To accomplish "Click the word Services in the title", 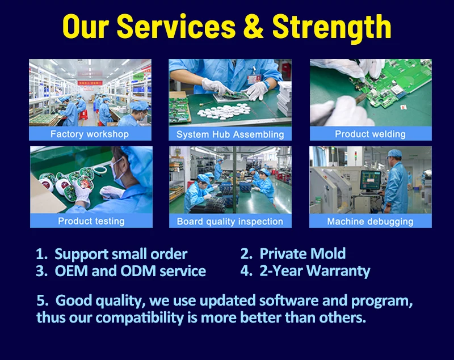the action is pyautogui.click(x=176, y=27).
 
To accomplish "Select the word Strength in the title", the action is pyautogui.click(x=331, y=28).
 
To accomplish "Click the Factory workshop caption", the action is pyautogui.click(x=90, y=134).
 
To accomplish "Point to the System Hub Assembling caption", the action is pyautogui.click(x=230, y=134).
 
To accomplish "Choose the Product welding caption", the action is pyautogui.click(x=371, y=134).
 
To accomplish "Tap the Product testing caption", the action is pyautogui.click(x=91, y=221).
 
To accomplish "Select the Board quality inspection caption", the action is pyautogui.click(x=230, y=222).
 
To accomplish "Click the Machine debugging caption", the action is pyautogui.click(x=371, y=222).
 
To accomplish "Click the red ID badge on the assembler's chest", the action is pyautogui.click(x=254, y=79).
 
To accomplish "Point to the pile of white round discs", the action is pyautogui.click(x=224, y=111).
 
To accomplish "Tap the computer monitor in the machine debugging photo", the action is pyautogui.click(x=370, y=180).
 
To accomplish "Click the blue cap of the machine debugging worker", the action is pyautogui.click(x=394, y=154).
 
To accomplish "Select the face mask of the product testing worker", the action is pyautogui.click(x=117, y=172).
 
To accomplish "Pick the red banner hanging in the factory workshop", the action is pyautogui.click(x=90, y=83).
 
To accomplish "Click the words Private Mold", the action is pyautogui.click(x=302, y=253).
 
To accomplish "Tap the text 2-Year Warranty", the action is pyautogui.click(x=315, y=271).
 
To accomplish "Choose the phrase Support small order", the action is pyautogui.click(x=121, y=255).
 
